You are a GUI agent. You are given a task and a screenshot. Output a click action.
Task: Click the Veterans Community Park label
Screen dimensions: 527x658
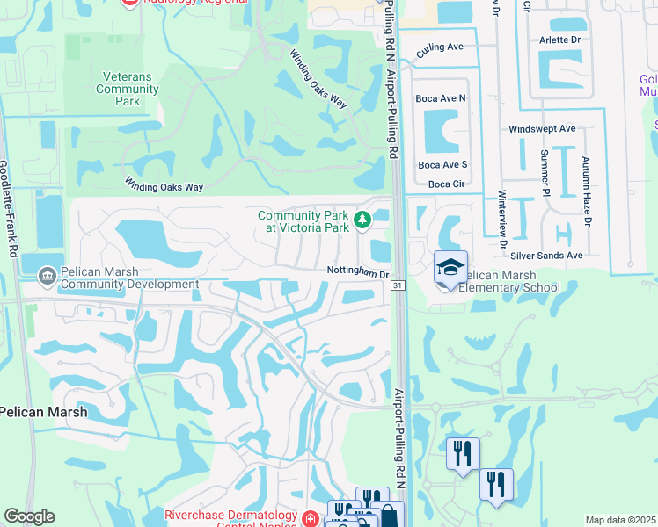pos(128,89)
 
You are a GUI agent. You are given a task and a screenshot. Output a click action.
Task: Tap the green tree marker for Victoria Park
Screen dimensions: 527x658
pos(360,220)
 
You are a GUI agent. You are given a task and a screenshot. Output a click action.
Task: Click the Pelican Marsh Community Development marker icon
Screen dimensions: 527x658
pos(47,277)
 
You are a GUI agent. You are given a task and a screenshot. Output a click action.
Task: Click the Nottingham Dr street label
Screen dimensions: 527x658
pos(358,272)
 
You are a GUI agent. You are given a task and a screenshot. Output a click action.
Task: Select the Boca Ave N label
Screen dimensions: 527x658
pos(442,98)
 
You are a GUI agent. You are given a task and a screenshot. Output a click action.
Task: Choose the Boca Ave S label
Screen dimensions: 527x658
pos(442,164)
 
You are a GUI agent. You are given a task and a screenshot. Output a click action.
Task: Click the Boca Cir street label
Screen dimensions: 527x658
pos(446,184)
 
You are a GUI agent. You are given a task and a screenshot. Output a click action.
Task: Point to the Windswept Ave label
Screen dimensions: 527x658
pos(542,128)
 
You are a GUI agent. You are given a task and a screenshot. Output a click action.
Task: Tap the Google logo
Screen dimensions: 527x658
pos(29,516)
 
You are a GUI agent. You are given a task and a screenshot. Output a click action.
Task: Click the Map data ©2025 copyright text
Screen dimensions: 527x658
pos(620,520)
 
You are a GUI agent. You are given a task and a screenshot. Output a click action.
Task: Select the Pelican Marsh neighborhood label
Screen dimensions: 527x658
pos(42,411)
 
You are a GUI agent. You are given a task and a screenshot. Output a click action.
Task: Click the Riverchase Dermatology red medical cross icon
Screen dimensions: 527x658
pos(310,519)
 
